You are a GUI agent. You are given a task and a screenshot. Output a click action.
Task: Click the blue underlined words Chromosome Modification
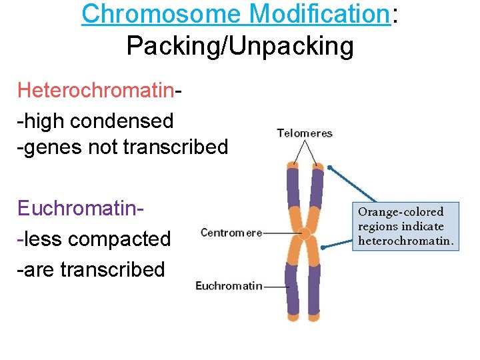pyautogui.click(x=235, y=14)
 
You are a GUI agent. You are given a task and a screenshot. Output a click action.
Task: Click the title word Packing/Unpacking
pyautogui.click(x=240, y=46)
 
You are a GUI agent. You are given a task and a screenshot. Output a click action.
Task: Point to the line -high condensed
pyautogui.click(x=95, y=121)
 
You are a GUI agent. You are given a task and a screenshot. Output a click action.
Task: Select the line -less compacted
pyautogui.click(x=93, y=238)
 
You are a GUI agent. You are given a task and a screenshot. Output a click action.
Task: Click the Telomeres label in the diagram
pyautogui.click(x=305, y=133)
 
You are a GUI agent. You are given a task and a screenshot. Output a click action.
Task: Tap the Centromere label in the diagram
pyautogui.click(x=231, y=233)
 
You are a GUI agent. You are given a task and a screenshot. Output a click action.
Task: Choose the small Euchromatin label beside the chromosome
pyautogui.click(x=228, y=286)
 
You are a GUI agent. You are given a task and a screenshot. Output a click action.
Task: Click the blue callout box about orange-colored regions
pyautogui.click(x=405, y=226)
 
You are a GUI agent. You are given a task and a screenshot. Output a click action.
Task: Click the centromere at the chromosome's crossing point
pyautogui.click(x=305, y=233)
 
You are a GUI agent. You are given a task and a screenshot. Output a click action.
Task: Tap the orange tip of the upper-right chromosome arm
pyautogui.click(x=317, y=165)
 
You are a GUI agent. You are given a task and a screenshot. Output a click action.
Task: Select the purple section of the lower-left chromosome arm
pyautogui.click(x=291, y=287)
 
